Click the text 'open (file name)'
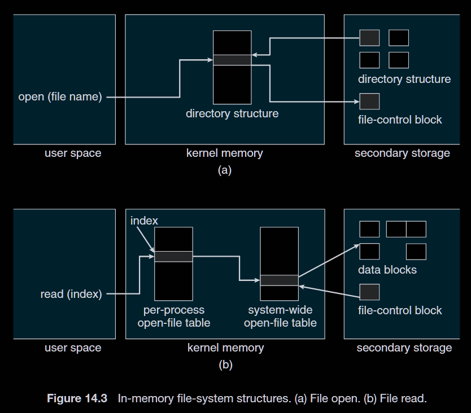click(x=60, y=97)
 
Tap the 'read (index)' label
click(x=71, y=294)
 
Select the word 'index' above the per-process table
click(x=144, y=220)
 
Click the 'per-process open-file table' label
click(x=174, y=317)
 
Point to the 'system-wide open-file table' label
click(x=280, y=317)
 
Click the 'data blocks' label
click(x=387, y=270)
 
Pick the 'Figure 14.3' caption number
click(x=77, y=399)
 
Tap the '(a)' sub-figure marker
click(x=225, y=170)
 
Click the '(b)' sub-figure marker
click(x=225, y=365)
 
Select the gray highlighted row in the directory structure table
click(x=232, y=60)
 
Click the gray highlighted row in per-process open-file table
click(x=173, y=257)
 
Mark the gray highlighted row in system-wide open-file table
click(x=280, y=280)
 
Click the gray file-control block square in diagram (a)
click(x=369, y=102)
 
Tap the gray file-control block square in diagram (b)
click(x=369, y=292)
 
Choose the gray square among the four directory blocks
click(x=369, y=38)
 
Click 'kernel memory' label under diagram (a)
click(x=225, y=153)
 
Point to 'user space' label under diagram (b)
click(x=73, y=348)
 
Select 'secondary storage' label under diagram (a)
click(x=402, y=153)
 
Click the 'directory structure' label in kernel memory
click(x=232, y=113)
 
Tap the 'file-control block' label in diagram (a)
click(x=400, y=120)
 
